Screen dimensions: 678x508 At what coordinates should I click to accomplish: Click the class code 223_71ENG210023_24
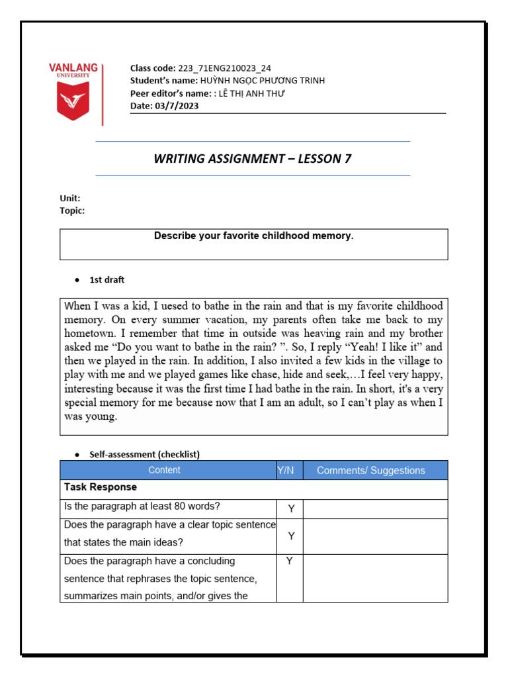pos(224,68)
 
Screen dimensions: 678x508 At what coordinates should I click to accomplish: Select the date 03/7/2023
pos(178,105)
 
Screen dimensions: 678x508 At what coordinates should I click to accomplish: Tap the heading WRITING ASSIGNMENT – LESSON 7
pos(253,158)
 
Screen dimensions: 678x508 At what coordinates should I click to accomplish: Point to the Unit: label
pos(70,198)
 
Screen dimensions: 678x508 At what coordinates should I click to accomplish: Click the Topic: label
pos(72,211)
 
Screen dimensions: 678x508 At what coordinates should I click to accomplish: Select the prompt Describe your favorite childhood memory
pos(253,236)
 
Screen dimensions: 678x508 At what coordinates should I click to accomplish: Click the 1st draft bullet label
pos(106,280)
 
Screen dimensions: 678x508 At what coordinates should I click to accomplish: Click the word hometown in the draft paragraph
pos(92,333)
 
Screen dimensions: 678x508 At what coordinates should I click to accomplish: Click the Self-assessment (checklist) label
pos(144,454)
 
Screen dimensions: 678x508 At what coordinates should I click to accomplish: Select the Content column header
pos(164,471)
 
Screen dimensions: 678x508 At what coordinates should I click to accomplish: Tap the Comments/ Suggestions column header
pos(370,471)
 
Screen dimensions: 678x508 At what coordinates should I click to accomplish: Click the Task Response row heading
pos(101,487)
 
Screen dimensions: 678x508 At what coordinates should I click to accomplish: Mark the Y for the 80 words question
pos(290,508)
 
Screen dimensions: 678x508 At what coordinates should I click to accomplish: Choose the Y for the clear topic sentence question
pos(290,536)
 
